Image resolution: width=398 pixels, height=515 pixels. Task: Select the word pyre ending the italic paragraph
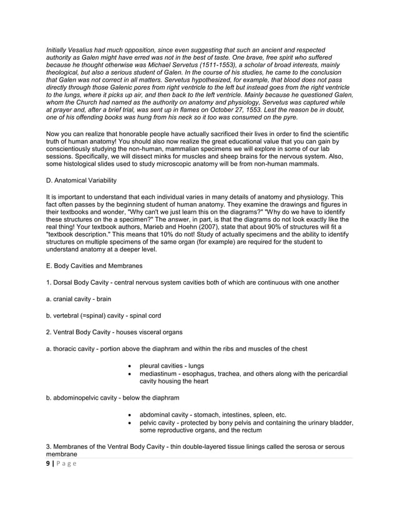point(290,118)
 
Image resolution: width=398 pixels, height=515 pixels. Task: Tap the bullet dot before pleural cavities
point(129,365)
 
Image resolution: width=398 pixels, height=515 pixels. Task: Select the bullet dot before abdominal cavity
point(129,415)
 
